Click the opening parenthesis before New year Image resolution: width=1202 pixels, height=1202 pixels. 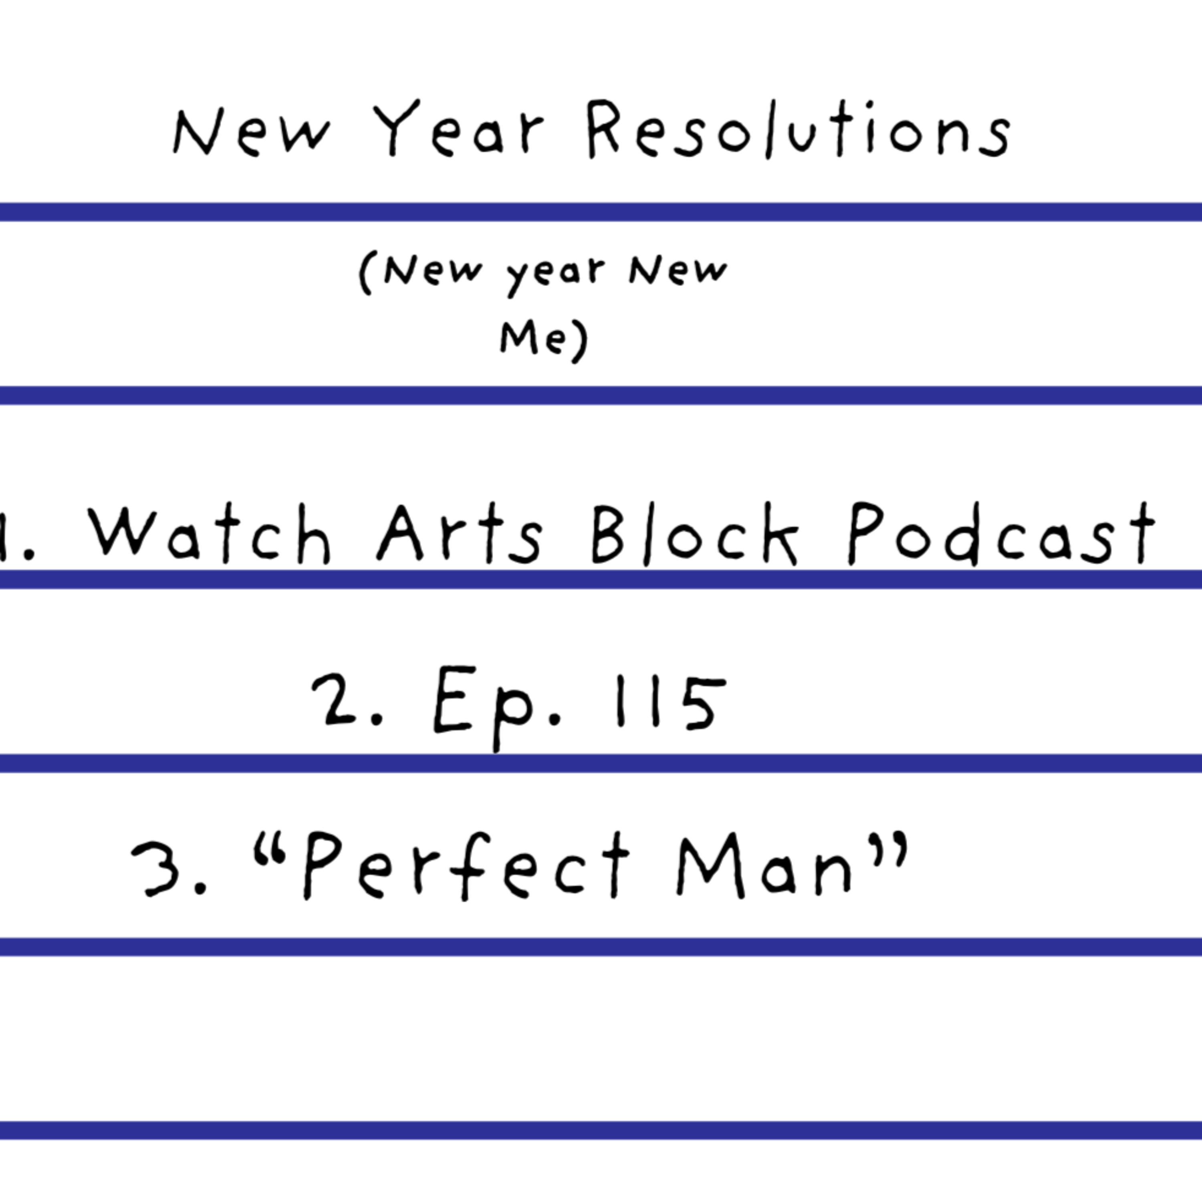pyautogui.click(x=366, y=273)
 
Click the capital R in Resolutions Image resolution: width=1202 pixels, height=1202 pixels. pyautogui.click(x=602, y=129)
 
